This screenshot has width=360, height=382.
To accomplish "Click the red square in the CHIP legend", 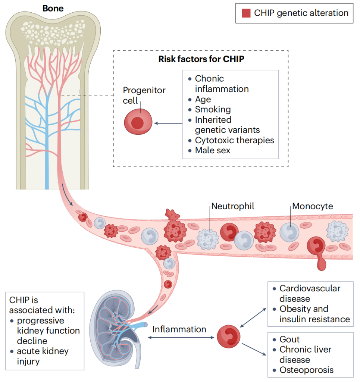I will (x=246, y=13).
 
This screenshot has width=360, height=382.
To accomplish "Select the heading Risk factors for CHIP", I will (x=201, y=59).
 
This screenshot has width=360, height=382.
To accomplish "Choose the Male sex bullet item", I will (x=213, y=150).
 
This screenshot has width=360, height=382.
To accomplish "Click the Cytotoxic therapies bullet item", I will (x=234, y=140).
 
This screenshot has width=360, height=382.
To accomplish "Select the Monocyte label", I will (x=312, y=206).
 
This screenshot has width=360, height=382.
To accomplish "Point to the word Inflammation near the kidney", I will (x=179, y=329).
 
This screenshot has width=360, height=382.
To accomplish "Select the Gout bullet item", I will (x=289, y=339).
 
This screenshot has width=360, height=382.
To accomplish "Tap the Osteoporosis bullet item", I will (x=306, y=370).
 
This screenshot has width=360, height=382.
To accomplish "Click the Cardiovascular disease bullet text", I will (x=310, y=294).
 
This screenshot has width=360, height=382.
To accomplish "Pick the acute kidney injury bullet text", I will (x=43, y=356).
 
